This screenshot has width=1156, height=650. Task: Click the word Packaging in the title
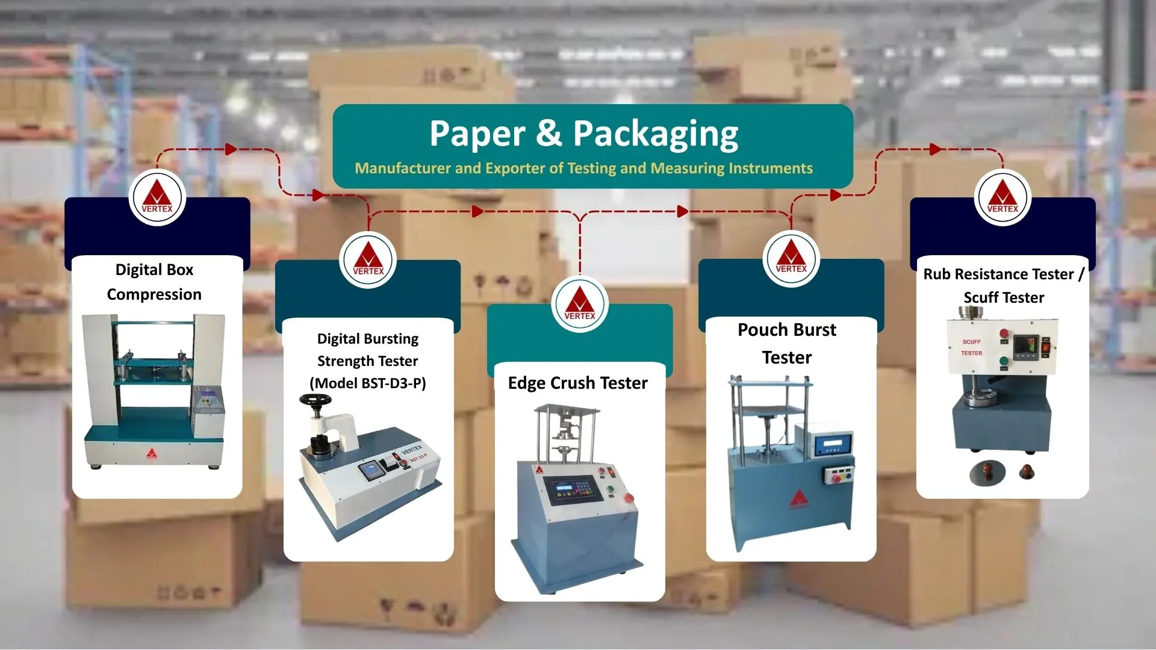click(x=656, y=135)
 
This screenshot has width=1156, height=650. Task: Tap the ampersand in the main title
click(x=548, y=133)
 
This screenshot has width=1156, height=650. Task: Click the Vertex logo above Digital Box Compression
click(x=157, y=197)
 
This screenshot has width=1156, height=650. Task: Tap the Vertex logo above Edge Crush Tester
click(x=580, y=304)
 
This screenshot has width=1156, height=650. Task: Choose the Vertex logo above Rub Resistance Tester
click(x=1002, y=197)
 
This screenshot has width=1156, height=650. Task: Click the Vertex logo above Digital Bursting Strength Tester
click(x=368, y=260)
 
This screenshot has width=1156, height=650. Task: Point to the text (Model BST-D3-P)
click(x=368, y=383)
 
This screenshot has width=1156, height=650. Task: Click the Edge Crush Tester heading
click(x=578, y=383)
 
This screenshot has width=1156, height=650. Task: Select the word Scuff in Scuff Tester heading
click(x=984, y=297)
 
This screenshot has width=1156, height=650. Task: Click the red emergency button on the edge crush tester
click(x=629, y=498)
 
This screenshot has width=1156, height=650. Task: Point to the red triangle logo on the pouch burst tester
click(x=799, y=498)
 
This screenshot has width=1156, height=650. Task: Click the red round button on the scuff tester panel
click(x=1004, y=334)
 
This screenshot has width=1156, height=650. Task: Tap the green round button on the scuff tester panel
click(x=1004, y=362)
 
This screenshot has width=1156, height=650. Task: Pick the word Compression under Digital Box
click(x=154, y=295)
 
